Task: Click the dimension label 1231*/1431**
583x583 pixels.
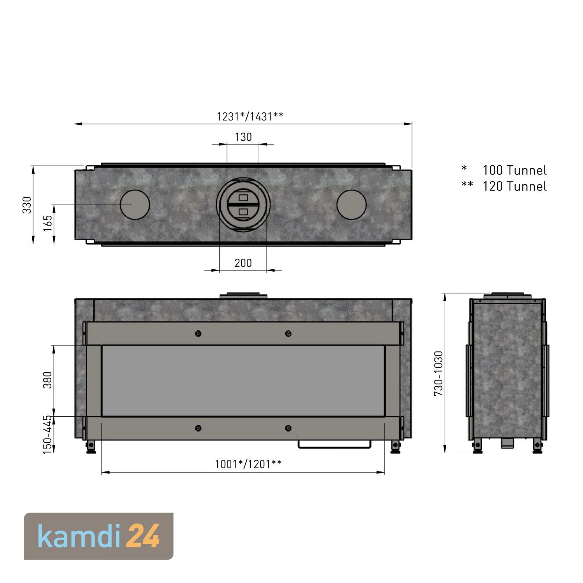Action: pos(250,117)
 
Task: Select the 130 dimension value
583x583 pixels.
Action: pos(243,137)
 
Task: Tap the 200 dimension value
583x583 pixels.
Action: pos(243,263)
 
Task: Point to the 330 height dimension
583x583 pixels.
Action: pos(27,205)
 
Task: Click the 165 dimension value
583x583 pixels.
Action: pos(47,223)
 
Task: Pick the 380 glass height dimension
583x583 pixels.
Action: pos(47,380)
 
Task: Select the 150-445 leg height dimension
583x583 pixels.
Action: pos(47,435)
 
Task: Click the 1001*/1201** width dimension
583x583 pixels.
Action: pos(248,464)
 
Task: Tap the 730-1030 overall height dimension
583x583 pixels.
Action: pos(438,374)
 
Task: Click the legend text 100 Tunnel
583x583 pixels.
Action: pos(514,170)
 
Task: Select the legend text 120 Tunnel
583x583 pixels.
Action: pos(514,187)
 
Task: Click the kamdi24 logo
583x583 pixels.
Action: pos(99,536)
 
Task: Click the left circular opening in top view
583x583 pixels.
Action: pos(135,204)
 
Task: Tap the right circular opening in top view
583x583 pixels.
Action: pos(351,204)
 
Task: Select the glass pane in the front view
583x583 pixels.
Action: pos(243,381)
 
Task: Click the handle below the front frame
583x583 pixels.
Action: pos(335,445)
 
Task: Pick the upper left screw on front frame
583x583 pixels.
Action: pos(198,333)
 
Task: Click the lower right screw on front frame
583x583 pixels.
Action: pos(288,428)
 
